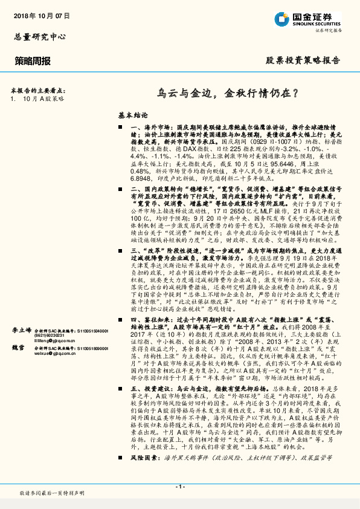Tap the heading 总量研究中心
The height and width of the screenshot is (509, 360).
(x=40, y=36)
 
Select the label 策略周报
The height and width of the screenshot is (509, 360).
(x=33, y=61)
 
